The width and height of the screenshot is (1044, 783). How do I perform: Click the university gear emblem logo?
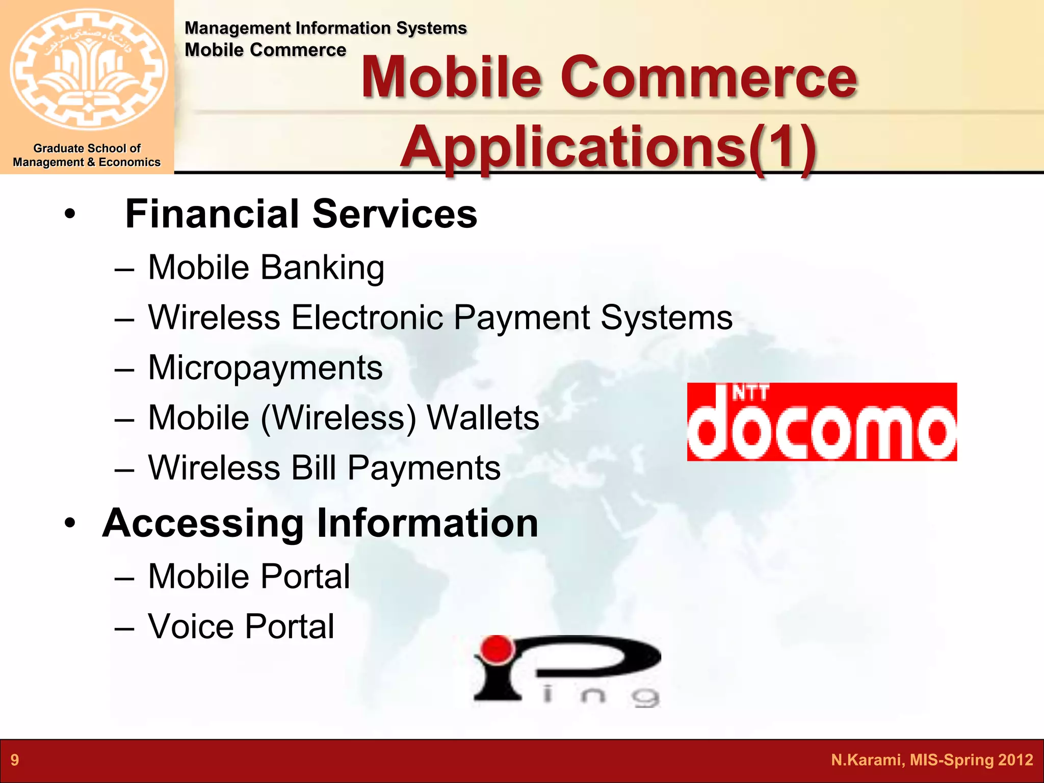[x=88, y=69]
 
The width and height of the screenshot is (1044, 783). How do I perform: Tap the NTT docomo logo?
[x=821, y=422]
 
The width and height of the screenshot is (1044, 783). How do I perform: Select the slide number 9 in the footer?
[x=15, y=760]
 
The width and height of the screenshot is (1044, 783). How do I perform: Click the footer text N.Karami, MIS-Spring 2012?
[x=931, y=760]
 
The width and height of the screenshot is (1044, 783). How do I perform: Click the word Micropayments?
[x=265, y=368]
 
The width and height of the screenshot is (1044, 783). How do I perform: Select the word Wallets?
[x=482, y=418]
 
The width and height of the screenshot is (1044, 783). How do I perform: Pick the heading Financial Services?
[x=301, y=214]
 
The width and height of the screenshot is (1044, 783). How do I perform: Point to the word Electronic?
[x=367, y=318]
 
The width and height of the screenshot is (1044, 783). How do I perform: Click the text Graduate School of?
[x=87, y=148]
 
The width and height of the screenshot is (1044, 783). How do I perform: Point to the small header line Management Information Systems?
[x=325, y=28]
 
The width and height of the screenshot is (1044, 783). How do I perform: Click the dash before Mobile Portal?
[x=124, y=578]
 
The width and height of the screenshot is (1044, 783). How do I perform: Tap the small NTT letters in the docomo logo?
[x=750, y=393]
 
